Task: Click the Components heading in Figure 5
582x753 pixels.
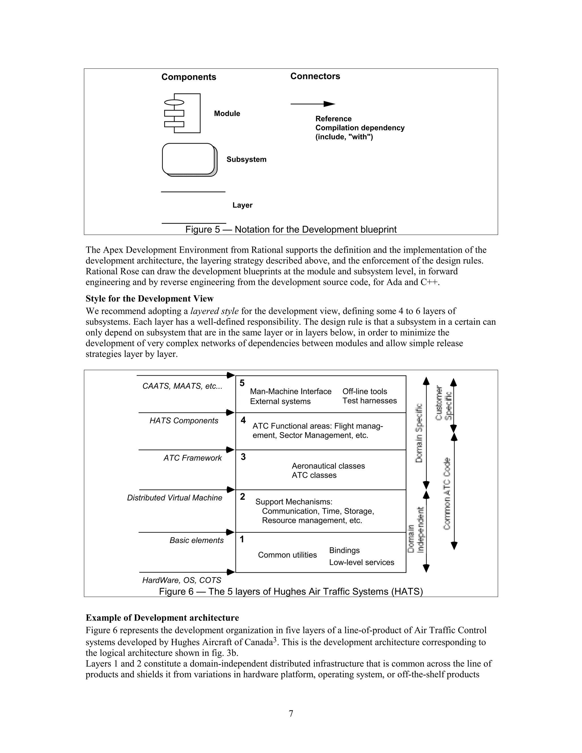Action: click(189, 77)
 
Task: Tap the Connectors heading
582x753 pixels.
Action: click(315, 76)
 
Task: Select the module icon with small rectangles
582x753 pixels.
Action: click(182, 113)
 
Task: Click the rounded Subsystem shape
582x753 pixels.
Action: click(189, 159)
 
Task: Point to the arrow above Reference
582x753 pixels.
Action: click(312, 104)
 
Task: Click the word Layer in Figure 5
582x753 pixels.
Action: click(242, 205)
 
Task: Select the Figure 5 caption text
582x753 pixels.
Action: click(291, 230)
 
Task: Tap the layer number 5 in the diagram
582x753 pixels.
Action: click(242, 383)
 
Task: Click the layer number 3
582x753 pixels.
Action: click(243, 457)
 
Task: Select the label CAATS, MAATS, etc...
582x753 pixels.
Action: click(182, 386)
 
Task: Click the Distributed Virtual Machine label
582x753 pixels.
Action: click(174, 498)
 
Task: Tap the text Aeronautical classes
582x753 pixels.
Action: click(328, 466)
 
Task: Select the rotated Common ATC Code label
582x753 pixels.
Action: click(447, 494)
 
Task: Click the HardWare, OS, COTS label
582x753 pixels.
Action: click(181, 580)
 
